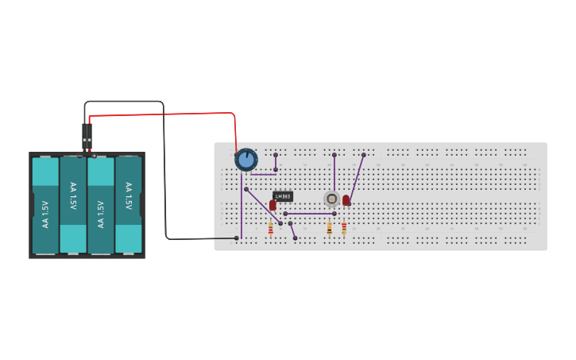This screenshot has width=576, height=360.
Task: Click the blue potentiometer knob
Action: (x=246, y=160)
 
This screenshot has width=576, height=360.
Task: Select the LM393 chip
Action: (x=283, y=196)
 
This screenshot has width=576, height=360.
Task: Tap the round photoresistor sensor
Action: (x=332, y=199)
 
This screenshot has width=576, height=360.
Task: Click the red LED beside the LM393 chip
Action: (x=273, y=205)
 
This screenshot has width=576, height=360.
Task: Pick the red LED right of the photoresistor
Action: (x=346, y=200)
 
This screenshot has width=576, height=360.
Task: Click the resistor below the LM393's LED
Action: (x=271, y=229)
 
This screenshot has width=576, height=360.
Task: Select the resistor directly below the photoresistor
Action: (x=330, y=229)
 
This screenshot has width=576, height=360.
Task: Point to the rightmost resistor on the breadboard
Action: (x=344, y=229)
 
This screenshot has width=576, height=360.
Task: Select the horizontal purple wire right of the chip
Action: (x=310, y=214)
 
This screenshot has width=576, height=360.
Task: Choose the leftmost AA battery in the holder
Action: (x=45, y=205)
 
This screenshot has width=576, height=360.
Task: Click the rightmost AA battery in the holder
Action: (x=128, y=205)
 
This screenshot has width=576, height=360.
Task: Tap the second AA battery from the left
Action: (x=73, y=205)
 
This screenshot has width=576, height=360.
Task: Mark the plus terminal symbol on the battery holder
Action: (x=95, y=156)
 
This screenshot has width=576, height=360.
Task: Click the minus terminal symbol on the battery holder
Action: (x=80, y=156)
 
